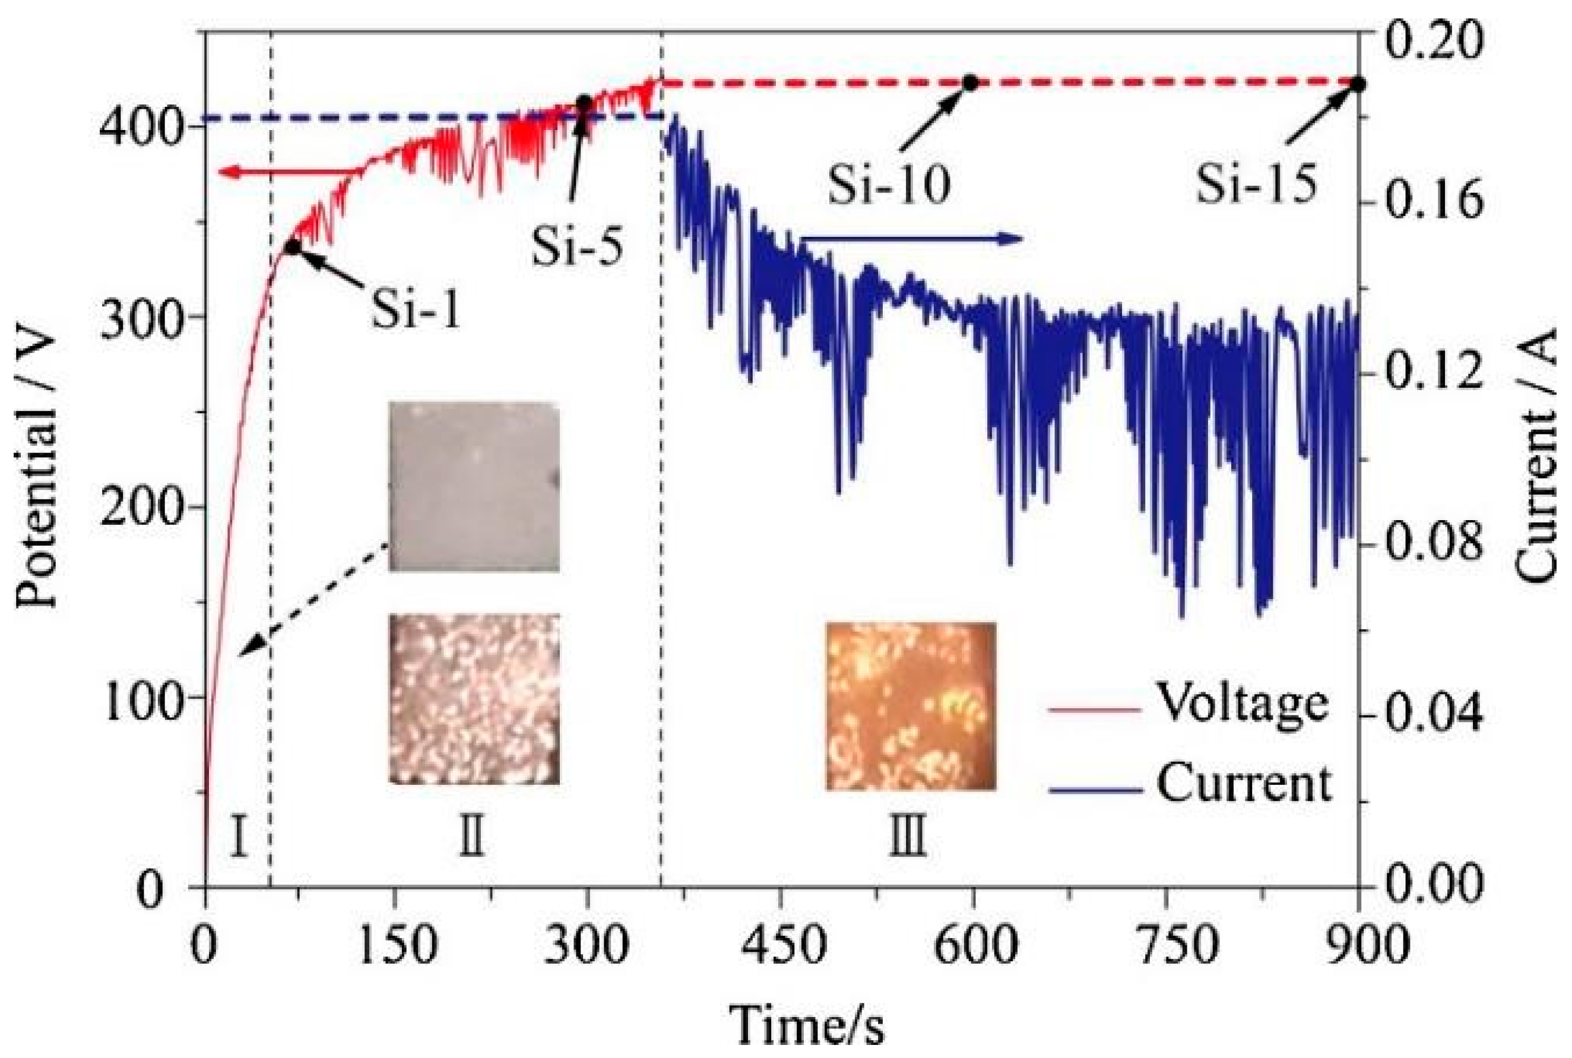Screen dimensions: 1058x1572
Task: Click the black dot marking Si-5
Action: point(584,103)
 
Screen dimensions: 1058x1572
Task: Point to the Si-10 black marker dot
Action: point(970,83)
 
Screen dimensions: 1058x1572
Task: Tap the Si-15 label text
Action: point(1256,183)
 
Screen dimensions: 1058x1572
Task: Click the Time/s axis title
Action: point(807,1025)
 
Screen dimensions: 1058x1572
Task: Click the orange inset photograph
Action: point(911,706)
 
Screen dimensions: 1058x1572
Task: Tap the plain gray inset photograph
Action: point(474,486)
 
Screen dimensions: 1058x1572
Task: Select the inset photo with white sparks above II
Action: point(474,698)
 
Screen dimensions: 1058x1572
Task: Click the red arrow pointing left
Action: point(283,173)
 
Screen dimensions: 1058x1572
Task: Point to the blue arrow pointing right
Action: point(911,237)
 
